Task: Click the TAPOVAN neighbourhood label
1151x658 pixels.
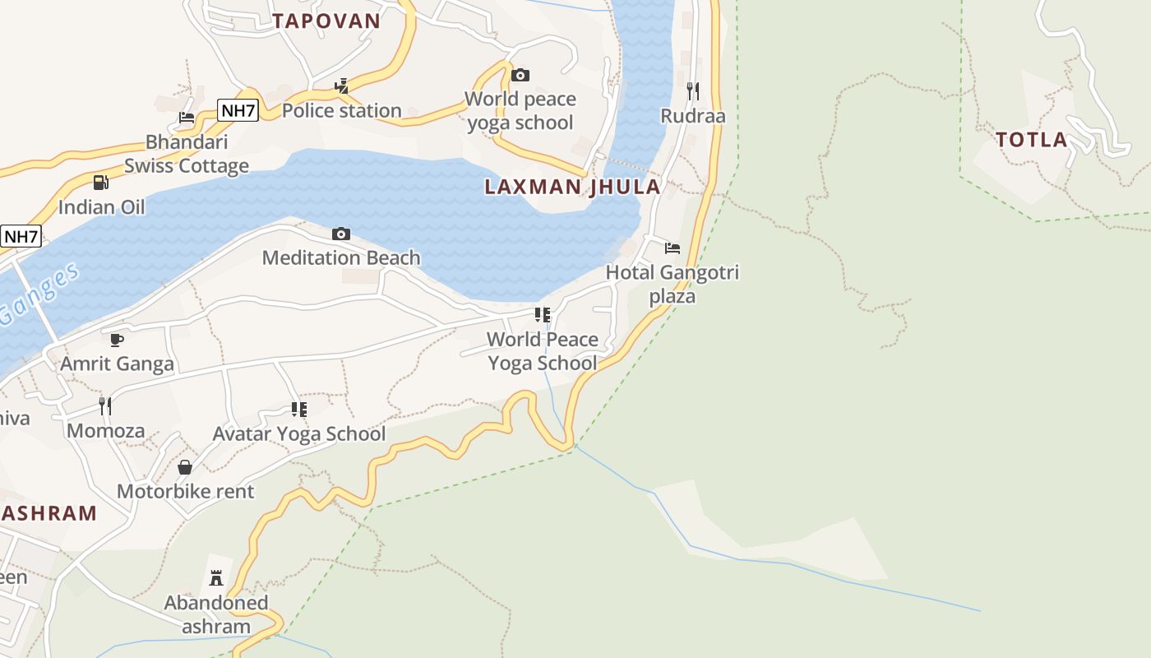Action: point(326,21)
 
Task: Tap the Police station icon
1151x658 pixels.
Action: point(341,86)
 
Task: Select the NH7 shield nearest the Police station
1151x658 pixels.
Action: point(238,110)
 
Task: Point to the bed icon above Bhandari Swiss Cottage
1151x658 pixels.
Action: point(187,118)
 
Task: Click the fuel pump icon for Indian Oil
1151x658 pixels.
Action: point(101,183)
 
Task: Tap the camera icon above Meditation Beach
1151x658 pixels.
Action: point(341,234)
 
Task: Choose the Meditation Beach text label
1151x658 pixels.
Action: point(341,257)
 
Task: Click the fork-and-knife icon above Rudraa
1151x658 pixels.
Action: point(693,91)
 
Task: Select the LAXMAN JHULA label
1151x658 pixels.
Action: point(572,187)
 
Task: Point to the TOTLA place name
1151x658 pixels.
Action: point(1032,140)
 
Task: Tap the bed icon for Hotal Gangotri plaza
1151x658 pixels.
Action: point(673,248)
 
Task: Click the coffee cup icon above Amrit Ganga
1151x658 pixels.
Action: point(117,340)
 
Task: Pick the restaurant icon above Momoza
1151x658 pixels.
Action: point(105,406)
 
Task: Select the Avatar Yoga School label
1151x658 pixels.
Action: point(299,433)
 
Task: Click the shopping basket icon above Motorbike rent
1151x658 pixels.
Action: point(185,467)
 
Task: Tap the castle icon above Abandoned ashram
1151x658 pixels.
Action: point(216,578)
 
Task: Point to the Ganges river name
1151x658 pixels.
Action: point(39,294)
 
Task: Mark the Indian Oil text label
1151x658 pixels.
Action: point(101,206)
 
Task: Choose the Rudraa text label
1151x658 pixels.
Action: point(693,116)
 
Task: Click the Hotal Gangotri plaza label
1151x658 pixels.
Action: point(673,284)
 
